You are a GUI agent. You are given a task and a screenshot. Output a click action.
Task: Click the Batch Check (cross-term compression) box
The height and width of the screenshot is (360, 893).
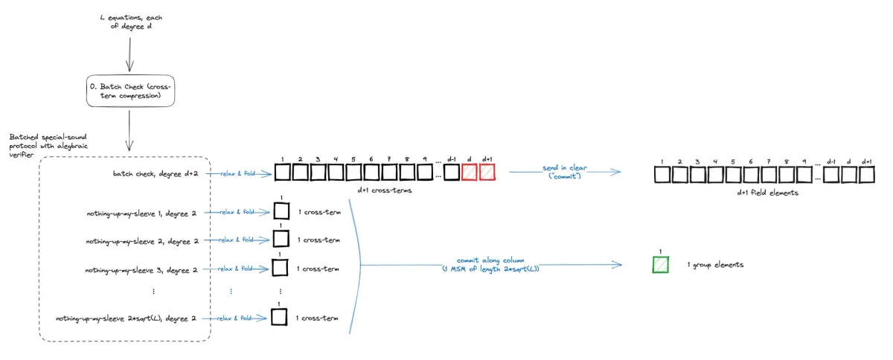coord(130,91)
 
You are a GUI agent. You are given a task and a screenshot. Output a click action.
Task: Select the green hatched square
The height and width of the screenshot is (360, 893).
coord(661,265)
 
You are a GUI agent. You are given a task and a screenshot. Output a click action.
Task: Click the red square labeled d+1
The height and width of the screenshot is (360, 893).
coord(487,173)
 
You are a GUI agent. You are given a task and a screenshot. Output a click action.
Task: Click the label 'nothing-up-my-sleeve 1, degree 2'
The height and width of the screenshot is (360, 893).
coord(141,213)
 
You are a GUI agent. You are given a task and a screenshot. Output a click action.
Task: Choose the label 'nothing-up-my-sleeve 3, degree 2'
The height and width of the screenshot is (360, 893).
coord(141,269)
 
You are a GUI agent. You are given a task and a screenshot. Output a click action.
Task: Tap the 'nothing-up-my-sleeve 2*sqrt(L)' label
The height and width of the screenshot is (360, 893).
coord(126,318)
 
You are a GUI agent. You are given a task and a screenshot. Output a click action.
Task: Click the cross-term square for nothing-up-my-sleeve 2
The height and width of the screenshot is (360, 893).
coord(281,239)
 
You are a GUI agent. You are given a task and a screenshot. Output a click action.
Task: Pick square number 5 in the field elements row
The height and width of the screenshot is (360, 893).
coord(734,176)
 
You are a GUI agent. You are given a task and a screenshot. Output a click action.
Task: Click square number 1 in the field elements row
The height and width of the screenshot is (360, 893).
coord(662,176)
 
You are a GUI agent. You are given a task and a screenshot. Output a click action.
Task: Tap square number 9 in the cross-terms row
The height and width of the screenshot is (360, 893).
coord(425,173)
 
